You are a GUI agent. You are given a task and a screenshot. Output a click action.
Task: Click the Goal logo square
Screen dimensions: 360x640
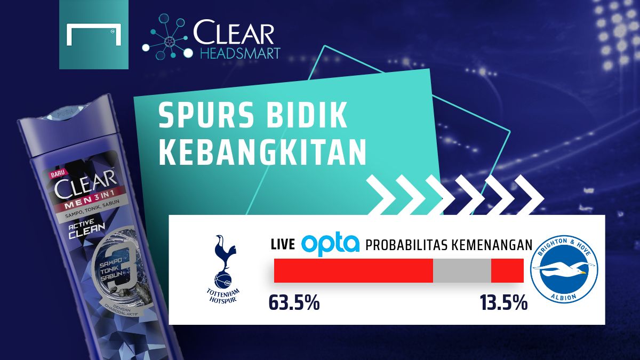tap(94, 35)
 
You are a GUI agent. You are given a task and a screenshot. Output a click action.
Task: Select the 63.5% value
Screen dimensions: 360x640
tap(294, 303)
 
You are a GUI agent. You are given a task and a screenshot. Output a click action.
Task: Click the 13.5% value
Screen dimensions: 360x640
tap(503, 303)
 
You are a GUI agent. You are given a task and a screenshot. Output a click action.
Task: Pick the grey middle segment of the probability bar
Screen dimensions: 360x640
tap(461, 270)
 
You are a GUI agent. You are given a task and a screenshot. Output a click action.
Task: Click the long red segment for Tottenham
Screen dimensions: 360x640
tap(353, 270)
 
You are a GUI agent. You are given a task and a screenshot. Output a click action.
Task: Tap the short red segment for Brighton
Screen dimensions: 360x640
tap(507, 270)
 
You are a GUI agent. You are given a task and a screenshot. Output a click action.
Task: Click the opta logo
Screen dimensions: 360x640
tap(331, 244)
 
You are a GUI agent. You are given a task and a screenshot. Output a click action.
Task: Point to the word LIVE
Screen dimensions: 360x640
tap(283, 245)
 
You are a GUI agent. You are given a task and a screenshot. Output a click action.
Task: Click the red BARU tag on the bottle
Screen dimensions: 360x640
tap(57, 173)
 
